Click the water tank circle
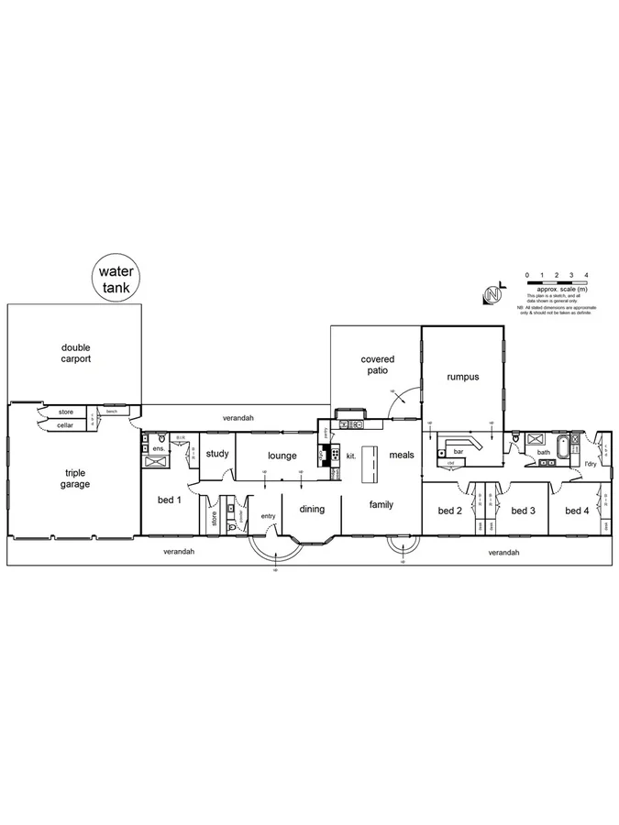tap(116, 279)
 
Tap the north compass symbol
tap(493, 294)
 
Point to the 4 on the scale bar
tap(586, 275)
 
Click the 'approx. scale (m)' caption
tap(557, 289)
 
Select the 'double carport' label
tap(76, 353)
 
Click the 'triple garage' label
tap(75, 478)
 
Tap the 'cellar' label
tap(65, 425)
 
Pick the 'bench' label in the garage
tap(111, 412)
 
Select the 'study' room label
tap(217, 454)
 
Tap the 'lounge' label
tap(281, 455)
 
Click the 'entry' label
tap(268, 516)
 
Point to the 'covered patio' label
tap(376, 365)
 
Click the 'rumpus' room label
tap(463, 377)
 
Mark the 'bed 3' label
tap(523, 511)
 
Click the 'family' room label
tap(381, 505)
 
